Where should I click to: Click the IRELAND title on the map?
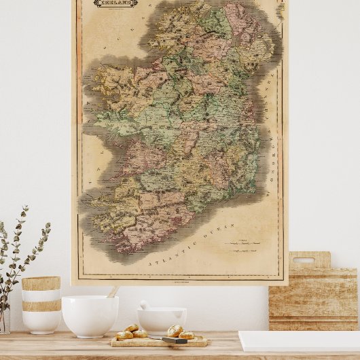pos(115,3)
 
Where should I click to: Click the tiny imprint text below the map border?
pos(179,282)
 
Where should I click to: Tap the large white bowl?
pos(90,315)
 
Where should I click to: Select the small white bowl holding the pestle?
pos(162,319)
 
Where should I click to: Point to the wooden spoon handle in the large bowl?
pos(113,291)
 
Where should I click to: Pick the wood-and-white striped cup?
pos(41,305)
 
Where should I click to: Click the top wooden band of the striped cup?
pos(41,283)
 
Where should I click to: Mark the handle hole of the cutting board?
pos(303,260)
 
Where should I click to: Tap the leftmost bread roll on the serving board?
pos(124,335)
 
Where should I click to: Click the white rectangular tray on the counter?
pos(299,341)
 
